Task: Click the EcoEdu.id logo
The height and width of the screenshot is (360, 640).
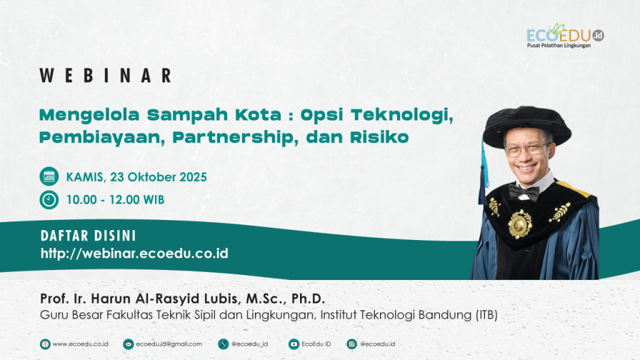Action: click(x=565, y=36)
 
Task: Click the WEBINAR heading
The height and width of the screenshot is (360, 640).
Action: click(x=105, y=76)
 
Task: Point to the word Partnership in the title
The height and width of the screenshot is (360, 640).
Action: click(x=232, y=137)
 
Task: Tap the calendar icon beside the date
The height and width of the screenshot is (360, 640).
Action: click(x=49, y=177)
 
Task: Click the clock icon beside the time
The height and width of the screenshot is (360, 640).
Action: click(x=49, y=200)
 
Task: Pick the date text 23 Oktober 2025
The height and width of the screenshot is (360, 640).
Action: click(x=158, y=177)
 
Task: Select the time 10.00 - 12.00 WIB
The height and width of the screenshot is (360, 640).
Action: click(x=115, y=200)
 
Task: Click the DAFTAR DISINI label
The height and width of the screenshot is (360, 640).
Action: click(x=88, y=236)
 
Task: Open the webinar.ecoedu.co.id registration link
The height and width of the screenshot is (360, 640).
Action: click(x=134, y=254)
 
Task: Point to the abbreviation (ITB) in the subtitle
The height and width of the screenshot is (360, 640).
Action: click(x=486, y=315)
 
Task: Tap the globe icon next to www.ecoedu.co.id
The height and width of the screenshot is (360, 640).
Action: click(x=45, y=344)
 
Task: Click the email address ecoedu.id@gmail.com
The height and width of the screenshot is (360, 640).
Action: click(x=169, y=344)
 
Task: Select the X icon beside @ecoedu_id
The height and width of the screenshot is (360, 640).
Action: click(x=223, y=344)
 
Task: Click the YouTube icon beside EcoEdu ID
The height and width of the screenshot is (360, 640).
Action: click(x=294, y=344)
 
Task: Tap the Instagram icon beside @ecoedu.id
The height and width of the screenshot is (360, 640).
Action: click(x=351, y=344)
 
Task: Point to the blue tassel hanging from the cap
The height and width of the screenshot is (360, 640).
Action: click(x=484, y=171)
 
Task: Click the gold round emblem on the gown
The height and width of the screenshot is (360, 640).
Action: click(x=519, y=224)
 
